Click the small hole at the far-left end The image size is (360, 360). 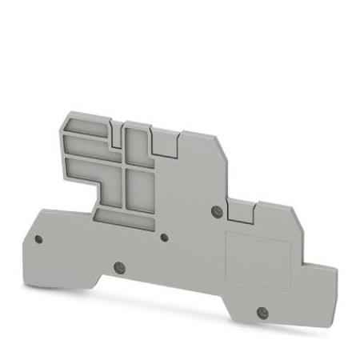(38, 238)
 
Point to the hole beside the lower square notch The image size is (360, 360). (215, 210)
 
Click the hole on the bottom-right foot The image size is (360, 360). (260, 310)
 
